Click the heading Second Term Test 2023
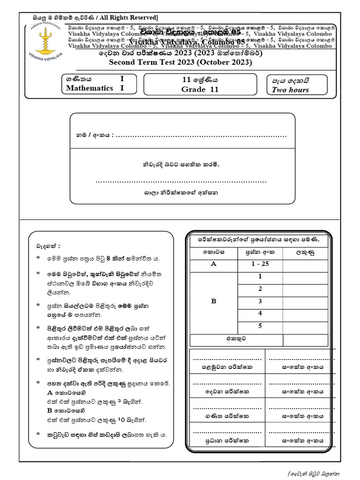(x=180, y=62)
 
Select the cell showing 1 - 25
(x=260, y=264)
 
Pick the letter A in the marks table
(x=214, y=264)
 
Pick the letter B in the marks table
(x=214, y=301)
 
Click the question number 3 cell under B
(x=260, y=301)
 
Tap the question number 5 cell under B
(x=260, y=326)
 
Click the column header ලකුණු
(x=305, y=252)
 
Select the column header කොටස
(x=214, y=252)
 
